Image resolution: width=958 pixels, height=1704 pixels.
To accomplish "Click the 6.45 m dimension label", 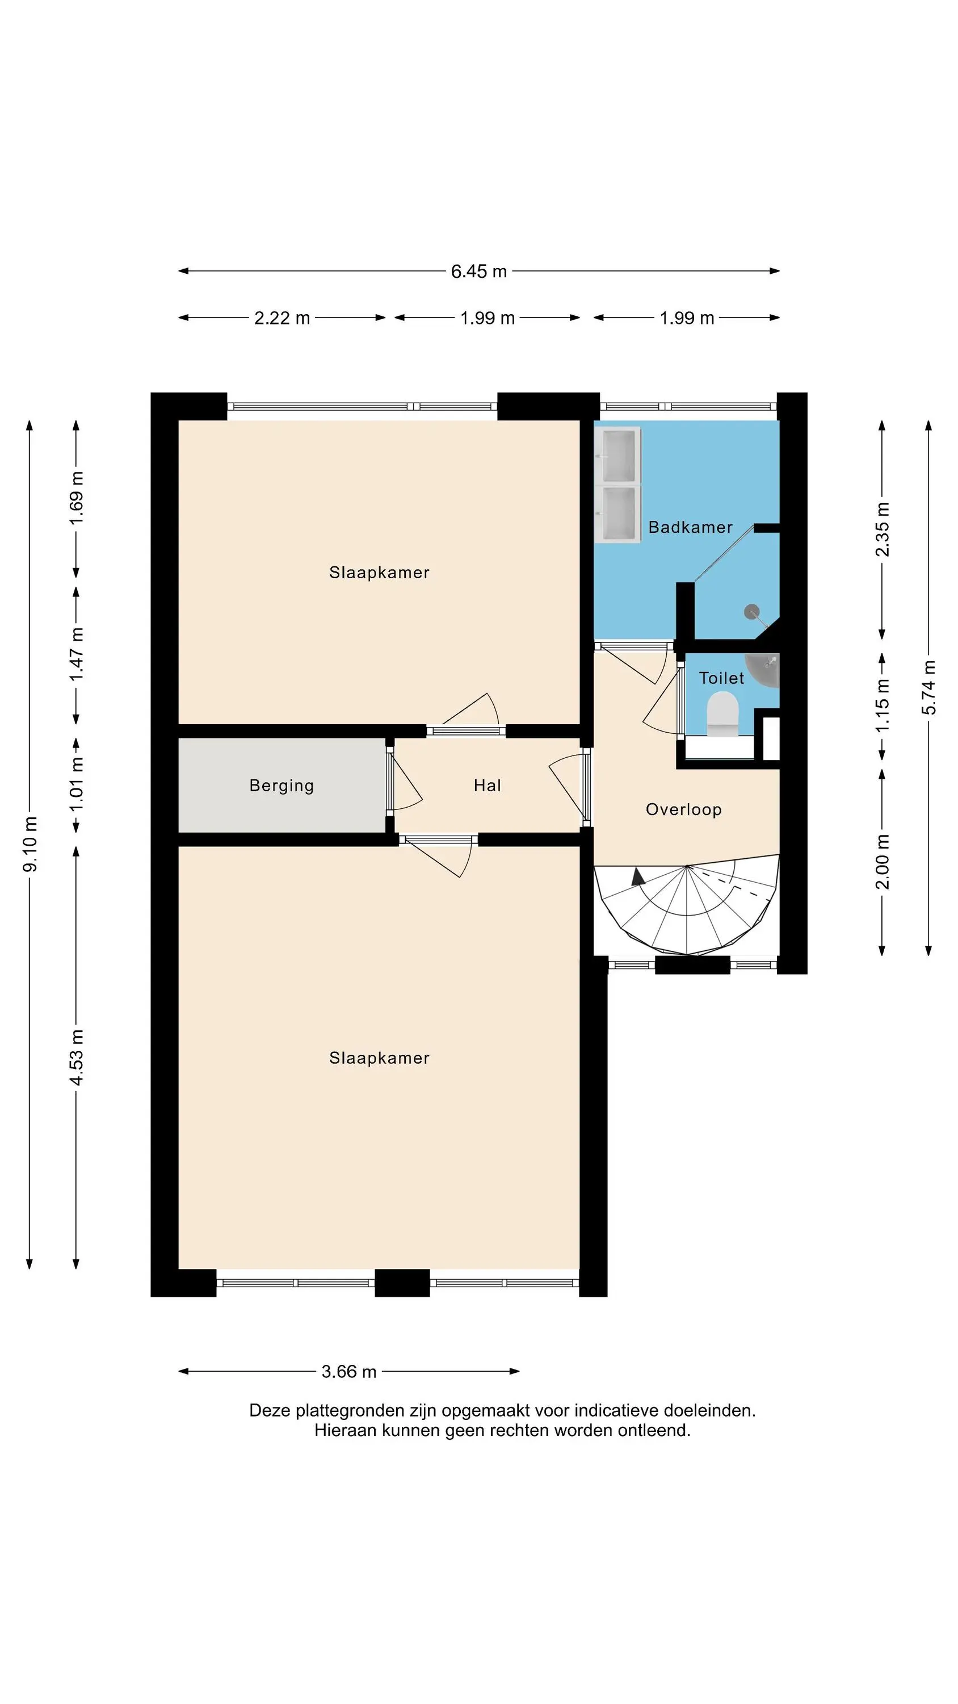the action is tap(478, 271).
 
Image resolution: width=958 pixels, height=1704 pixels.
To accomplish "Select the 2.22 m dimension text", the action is tap(282, 318).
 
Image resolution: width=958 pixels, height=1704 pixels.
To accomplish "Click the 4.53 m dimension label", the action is tap(77, 1057).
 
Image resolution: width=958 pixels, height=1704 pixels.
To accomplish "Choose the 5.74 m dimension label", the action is tap(929, 687).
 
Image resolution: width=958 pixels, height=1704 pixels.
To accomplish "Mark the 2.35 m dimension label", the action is tap(883, 530).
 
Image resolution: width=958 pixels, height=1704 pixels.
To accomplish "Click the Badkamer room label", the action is tap(690, 527).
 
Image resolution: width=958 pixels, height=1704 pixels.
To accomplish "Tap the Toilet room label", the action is tap(721, 678).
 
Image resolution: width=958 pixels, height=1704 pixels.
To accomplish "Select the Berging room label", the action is tap(281, 786).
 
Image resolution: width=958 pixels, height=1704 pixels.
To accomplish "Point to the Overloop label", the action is tap(684, 809).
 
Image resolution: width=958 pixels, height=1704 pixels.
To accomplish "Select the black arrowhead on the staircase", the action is tap(638, 877).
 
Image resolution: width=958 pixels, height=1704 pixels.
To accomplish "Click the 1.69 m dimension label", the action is tap(77, 498).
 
